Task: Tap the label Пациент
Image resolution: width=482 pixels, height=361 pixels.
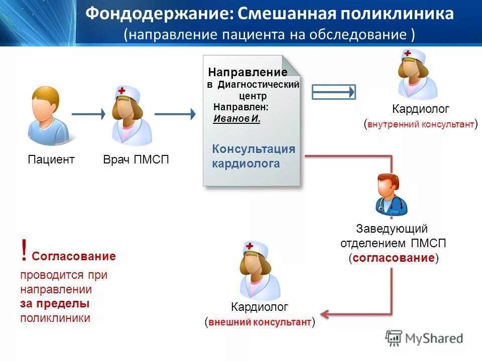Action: coord(51,159)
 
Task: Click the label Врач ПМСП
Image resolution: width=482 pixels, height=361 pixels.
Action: coord(136,159)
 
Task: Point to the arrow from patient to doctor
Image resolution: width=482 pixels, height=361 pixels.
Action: coord(88,114)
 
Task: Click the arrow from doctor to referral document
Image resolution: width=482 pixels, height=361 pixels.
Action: coord(174,114)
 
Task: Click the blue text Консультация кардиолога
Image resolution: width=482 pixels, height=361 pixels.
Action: coord(253,156)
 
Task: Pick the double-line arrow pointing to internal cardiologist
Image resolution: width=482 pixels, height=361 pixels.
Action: coord(334,92)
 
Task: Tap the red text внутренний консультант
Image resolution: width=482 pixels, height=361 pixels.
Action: coord(421,124)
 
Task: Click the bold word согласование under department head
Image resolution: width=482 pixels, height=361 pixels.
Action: coord(393,258)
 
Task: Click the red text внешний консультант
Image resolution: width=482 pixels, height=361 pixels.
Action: coord(260,322)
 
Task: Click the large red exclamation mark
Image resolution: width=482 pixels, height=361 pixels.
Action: coord(24,251)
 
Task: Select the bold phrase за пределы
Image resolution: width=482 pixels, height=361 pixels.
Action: coord(55,304)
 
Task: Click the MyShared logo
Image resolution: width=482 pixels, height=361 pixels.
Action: coord(424,338)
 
